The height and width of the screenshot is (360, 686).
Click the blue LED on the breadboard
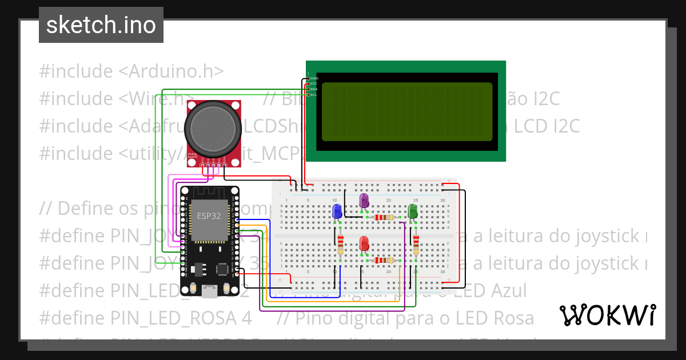337,211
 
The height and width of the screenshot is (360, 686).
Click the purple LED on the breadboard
364,201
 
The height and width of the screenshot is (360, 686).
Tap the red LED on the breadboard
364,243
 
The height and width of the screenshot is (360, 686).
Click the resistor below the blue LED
340,244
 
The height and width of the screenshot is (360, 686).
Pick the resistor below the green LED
416,244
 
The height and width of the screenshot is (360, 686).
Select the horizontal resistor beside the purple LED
383,217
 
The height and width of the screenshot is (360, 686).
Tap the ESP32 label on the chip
207,215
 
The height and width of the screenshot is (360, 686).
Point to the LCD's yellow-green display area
406,112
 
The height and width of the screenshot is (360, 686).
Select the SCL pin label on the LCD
314,95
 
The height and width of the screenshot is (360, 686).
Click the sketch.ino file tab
101,25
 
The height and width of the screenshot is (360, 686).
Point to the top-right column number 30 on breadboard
443,200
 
